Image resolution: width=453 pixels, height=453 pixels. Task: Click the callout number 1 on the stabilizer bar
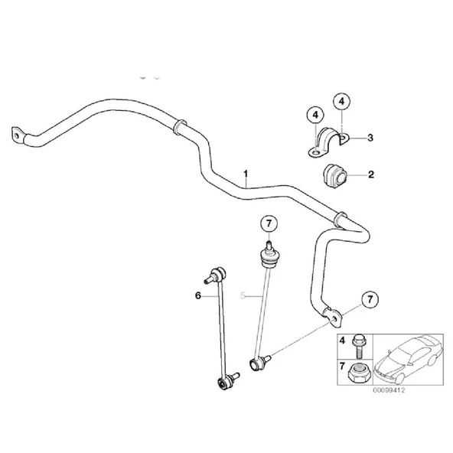pos(246,174)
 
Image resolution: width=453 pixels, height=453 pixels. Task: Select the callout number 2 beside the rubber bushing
pos(371,174)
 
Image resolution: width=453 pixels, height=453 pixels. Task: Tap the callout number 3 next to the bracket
pos(370,138)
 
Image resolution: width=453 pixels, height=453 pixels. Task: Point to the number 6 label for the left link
pos(198,295)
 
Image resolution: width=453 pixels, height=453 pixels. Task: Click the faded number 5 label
pos(243,295)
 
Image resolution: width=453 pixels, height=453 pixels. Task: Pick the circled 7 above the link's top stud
pos(269,223)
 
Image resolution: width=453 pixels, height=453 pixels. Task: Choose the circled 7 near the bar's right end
pos(370,300)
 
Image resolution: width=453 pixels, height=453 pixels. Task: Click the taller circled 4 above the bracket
pos(342,102)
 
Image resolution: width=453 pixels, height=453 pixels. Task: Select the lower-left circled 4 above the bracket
pos(315,115)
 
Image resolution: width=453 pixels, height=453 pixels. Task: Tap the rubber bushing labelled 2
pos(335,176)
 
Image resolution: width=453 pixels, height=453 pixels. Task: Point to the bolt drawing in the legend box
pos(357,346)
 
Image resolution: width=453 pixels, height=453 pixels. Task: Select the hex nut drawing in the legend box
pos(357,373)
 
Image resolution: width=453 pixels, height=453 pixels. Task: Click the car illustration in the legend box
pos(408,359)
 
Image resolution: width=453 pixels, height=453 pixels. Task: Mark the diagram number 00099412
pos(389,390)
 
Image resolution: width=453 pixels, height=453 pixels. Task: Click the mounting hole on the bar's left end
pos(17,135)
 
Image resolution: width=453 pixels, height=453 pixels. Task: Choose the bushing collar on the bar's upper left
pos(180,126)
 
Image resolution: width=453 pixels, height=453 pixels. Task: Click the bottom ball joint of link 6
pos(223,383)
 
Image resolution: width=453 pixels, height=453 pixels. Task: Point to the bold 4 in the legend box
pos(342,341)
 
